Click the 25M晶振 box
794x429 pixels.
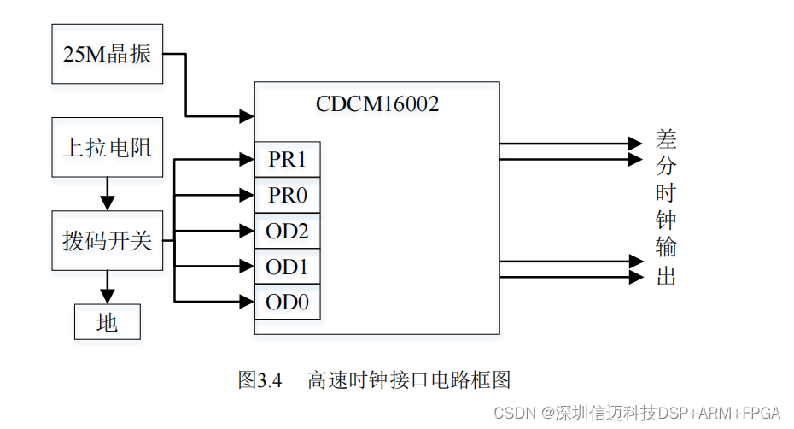tap(108, 54)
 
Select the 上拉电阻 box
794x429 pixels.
tap(108, 147)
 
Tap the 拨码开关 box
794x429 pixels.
tap(108, 240)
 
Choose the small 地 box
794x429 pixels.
tap(108, 322)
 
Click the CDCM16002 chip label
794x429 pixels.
tap(377, 104)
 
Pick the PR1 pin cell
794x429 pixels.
tap(288, 160)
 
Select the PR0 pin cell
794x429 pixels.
tap(288, 196)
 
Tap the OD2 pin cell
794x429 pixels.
tap(288, 231)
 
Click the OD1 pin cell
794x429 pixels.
tap(288, 267)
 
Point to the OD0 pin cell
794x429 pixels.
tap(288, 302)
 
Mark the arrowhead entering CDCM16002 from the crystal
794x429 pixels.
tap(248, 115)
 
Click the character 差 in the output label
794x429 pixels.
tap(666, 138)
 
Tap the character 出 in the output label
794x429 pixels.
tap(666, 276)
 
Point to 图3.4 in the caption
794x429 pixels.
tap(260, 380)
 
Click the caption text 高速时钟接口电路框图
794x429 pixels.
tap(409, 380)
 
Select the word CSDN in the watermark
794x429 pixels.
tap(514, 413)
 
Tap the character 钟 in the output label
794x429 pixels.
tap(666, 220)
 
